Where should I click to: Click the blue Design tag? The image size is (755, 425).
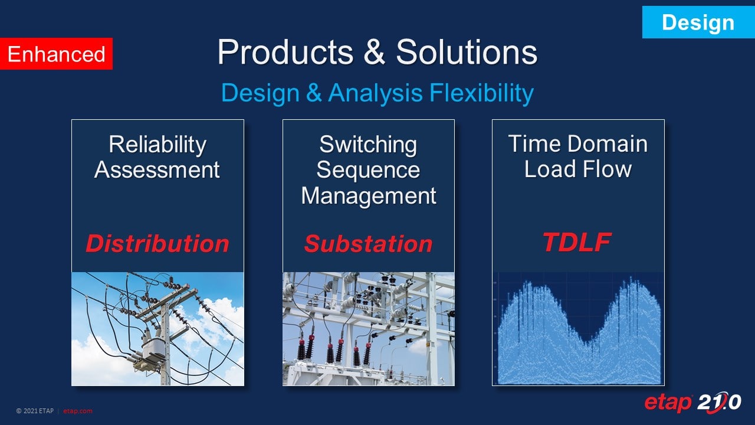point(698,22)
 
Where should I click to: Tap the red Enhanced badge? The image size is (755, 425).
point(56,54)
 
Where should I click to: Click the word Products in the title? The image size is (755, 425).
point(285,52)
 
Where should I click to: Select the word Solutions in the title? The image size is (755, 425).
point(467,52)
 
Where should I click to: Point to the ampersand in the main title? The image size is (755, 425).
point(374,52)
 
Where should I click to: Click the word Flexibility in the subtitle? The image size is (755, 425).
point(481,93)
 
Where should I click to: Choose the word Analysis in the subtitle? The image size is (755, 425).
point(375,93)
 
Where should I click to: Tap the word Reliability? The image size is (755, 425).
point(157,145)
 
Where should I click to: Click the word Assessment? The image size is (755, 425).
point(157,169)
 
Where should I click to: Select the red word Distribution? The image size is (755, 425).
point(157,244)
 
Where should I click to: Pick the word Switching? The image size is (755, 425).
point(368,145)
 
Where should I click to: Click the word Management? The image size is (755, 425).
point(369,195)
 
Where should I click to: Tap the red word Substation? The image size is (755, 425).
point(368,244)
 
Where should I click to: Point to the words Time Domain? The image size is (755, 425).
point(577,143)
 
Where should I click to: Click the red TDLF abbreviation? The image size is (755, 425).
point(577,242)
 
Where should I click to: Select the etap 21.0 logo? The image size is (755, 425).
point(692,403)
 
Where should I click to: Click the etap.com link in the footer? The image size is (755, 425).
point(77,411)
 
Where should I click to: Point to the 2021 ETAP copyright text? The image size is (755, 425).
point(35,411)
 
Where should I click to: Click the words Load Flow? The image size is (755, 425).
point(577,169)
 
